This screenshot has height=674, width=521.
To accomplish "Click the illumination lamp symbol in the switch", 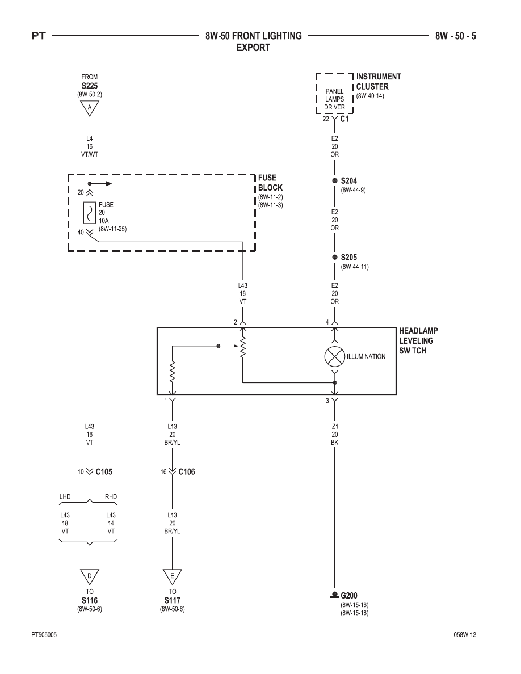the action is pos(334,356).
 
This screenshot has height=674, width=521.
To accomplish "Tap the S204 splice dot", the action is pos(335,180).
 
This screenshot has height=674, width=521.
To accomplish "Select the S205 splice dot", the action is pos(335,257).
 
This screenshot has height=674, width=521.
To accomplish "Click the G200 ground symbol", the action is pos(334,595).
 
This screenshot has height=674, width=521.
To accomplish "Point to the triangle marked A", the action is pos(90,108).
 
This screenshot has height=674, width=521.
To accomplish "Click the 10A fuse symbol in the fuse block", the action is pos(90,212).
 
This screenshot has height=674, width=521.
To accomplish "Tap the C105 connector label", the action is pos(104,471).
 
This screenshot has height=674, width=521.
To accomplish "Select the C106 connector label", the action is pos(187,471).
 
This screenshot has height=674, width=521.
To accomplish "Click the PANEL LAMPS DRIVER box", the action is pos(334,93).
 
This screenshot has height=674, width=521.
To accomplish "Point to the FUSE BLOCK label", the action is pos(270,183).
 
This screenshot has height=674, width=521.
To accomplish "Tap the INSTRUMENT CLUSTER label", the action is pos(379,81).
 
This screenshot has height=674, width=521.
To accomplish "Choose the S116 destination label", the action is pos(90,600).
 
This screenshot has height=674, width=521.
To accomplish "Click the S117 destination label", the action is pos(173,600).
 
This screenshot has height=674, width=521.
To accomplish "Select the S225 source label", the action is pos(90,86).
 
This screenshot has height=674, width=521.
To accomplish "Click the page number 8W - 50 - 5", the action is pos(455,36).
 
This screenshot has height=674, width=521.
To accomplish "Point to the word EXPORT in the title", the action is pos(253,47).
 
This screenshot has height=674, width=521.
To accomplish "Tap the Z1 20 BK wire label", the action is pos(335,434).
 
